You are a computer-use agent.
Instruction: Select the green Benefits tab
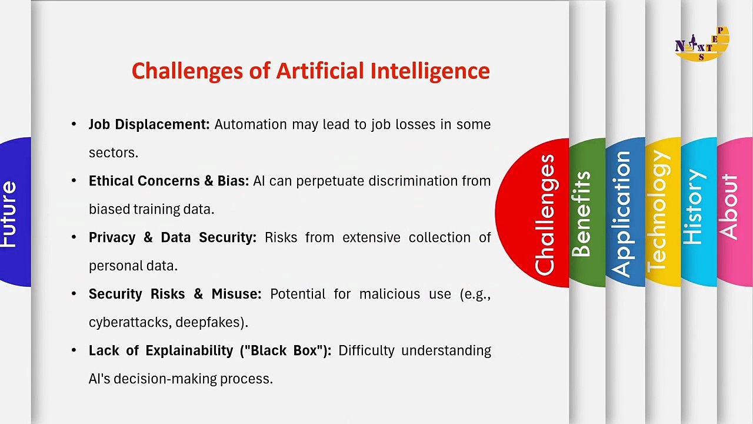[x=587, y=213]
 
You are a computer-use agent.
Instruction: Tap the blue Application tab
[x=625, y=212]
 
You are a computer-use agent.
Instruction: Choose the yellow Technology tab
[x=663, y=212]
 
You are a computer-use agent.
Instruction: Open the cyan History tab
[x=699, y=212]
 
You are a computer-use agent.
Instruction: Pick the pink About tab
[x=735, y=212]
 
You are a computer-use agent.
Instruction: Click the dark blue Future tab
[x=15, y=212]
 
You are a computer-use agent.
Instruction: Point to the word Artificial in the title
[x=319, y=71]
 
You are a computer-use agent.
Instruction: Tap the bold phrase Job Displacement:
[x=149, y=124]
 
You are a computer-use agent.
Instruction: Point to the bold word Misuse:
[x=236, y=294]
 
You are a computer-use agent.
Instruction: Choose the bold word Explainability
[x=189, y=351]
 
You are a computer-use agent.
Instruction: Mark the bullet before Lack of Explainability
[x=74, y=350]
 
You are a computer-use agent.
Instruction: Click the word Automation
[x=251, y=124]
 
